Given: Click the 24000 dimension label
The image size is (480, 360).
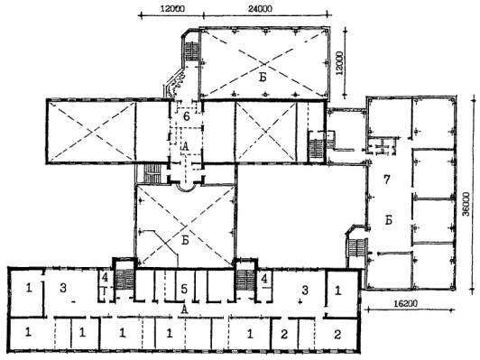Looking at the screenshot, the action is [x=260, y=9].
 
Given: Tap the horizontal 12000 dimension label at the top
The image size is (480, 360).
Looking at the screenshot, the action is [x=172, y=9].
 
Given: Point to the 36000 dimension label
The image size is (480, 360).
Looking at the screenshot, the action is [x=466, y=204].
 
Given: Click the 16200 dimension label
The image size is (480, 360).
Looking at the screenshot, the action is [x=405, y=304].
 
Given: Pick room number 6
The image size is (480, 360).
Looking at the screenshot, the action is [x=187, y=116].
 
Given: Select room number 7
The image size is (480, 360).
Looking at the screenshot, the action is [x=387, y=180].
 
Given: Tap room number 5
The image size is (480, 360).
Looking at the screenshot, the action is [x=184, y=289].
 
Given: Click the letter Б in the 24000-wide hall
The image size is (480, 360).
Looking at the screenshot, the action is [x=263, y=78].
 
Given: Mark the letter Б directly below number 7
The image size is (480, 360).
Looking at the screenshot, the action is [x=389, y=220].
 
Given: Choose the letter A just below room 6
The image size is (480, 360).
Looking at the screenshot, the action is [x=185, y=146].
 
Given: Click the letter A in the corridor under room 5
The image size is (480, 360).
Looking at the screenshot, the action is [x=184, y=309].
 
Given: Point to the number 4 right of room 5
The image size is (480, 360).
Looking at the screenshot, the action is [x=263, y=279].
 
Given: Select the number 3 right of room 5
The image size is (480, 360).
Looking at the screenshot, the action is [x=305, y=291].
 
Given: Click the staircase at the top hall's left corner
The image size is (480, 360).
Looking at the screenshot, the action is [x=192, y=51].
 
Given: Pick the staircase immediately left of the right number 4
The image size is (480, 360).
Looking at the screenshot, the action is [x=245, y=280].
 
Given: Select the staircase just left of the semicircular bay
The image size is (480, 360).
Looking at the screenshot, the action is [x=152, y=173].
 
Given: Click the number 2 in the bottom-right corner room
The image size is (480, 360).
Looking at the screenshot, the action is [x=337, y=335].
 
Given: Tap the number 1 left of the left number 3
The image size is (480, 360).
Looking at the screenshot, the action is [x=29, y=288].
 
